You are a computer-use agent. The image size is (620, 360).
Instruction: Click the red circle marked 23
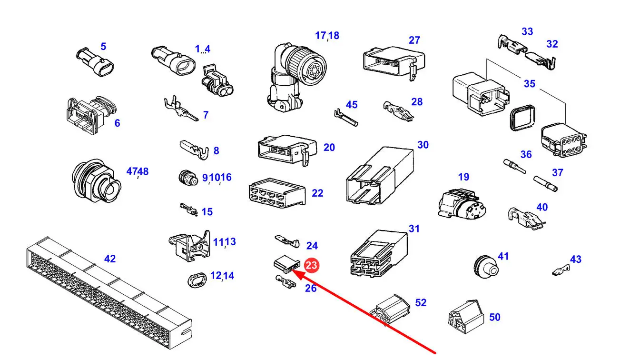click(x=312, y=265)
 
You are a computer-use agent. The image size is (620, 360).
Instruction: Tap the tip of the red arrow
click(x=292, y=270)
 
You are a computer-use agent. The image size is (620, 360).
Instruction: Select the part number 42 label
click(x=110, y=259)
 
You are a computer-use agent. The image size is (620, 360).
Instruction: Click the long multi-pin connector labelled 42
click(x=109, y=292)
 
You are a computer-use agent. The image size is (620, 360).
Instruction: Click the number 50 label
click(x=494, y=317)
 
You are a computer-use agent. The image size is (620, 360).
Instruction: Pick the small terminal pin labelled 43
click(x=561, y=270)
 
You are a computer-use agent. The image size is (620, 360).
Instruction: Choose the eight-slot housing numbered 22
click(x=277, y=193)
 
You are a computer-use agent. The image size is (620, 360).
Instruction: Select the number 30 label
click(x=423, y=145)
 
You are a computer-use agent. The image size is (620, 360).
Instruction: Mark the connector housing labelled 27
click(x=394, y=63)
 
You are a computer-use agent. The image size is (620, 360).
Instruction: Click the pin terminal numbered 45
click(x=346, y=118)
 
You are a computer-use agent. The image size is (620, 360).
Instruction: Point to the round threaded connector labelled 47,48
click(x=96, y=181)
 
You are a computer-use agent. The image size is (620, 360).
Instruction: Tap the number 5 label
click(x=103, y=46)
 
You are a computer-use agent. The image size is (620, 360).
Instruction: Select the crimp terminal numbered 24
click(x=287, y=241)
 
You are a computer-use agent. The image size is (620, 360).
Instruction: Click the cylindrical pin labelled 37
click(x=546, y=184)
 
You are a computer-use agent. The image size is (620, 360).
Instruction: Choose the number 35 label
click(x=530, y=84)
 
